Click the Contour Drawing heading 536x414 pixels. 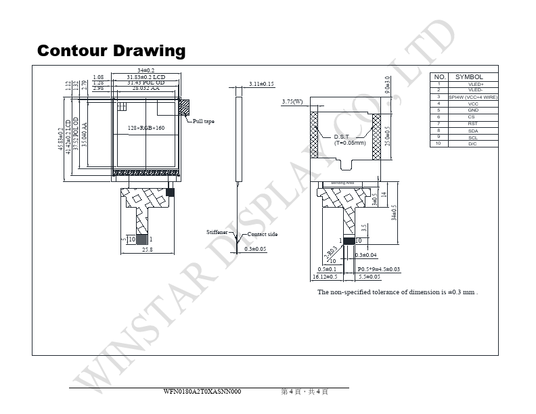[x=112, y=51]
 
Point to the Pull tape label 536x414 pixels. [x=204, y=121]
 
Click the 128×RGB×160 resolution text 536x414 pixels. [x=146, y=128]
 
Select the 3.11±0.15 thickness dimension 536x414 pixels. [x=261, y=84]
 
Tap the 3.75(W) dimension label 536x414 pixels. [x=292, y=102]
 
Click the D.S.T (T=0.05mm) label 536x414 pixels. [x=350, y=140]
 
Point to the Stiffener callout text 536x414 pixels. [x=218, y=232]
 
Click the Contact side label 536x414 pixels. [x=263, y=234]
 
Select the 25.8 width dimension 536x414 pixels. [x=147, y=250]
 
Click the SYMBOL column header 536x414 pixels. [x=469, y=77]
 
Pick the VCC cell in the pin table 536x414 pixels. [x=473, y=103]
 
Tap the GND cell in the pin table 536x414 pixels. [x=473, y=110]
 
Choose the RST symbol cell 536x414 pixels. [x=473, y=124]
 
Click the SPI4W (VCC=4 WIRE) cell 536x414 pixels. [x=473, y=97]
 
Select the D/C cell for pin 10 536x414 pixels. [x=473, y=144]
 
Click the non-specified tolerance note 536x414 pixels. [x=398, y=292]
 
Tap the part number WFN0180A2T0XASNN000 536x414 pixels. [x=202, y=392]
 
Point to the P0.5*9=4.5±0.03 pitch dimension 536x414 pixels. [x=378, y=269]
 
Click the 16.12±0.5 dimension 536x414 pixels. [x=325, y=277]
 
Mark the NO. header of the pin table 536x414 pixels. [x=440, y=77]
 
